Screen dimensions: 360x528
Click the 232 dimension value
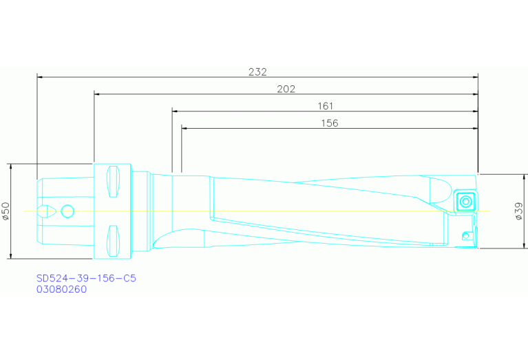pyautogui.click(x=257, y=71)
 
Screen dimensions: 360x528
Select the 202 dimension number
pyautogui.click(x=286, y=89)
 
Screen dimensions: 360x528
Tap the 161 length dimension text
pyautogui.click(x=325, y=106)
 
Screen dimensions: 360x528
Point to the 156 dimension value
pyautogui.click(x=330, y=123)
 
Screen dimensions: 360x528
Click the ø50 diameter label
pyautogui.click(x=6, y=211)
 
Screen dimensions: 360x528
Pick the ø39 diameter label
pyautogui.click(x=519, y=211)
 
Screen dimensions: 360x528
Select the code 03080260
pyautogui.click(x=62, y=290)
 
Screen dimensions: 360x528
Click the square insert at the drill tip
pyautogui.click(x=465, y=202)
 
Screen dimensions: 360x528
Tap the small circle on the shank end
pyautogui.click(x=67, y=210)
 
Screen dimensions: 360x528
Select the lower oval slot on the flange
pyautogui.click(x=114, y=239)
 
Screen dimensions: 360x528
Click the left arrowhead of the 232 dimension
pyautogui.click(x=40, y=77)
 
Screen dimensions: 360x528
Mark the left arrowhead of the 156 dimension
pyautogui.click(x=185, y=128)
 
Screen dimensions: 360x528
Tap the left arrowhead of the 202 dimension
pyautogui.click(x=97, y=94)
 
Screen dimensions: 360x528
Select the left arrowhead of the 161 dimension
pyautogui.click(x=176, y=111)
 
